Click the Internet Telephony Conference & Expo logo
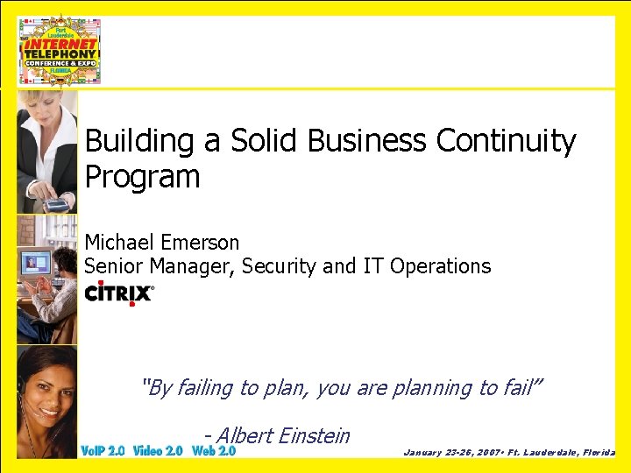[x=60, y=50]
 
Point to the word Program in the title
[x=142, y=178]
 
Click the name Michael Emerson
[x=161, y=242]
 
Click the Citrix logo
[x=119, y=293]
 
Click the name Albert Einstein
[x=282, y=435]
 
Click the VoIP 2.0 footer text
[x=103, y=451]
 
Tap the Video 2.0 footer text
[x=158, y=451]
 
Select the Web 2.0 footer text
[x=214, y=451]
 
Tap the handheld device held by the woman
[x=56, y=205]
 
